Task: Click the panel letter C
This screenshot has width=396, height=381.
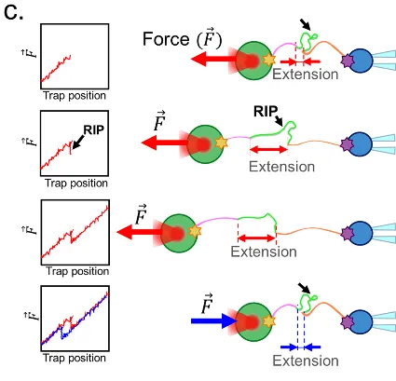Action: pyautogui.click(x=14, y=13)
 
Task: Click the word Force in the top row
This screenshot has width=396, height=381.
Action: pyautogui.click(x=166, y=39)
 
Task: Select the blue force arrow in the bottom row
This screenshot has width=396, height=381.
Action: pyautogui.click(x=213, y=320)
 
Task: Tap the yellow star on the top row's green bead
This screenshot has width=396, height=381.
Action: pyautogui.click(x=269, y=60)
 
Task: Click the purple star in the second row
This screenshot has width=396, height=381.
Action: pyautogui.click(x=347, y=144)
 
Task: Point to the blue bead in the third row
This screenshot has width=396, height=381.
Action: pyautogui.click(x=361, y=233)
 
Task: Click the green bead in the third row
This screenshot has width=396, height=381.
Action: pyautogui.click(x=179, y=233)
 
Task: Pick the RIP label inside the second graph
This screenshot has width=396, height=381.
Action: pyautogui.click(x=94, y=129)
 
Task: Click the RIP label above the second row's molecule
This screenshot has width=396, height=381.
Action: pyautogui.click(x=266, y=112)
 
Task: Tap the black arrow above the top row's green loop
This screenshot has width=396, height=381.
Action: pyautogui.click(x=306, y=24)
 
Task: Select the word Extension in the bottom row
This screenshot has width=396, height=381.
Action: pyautogui.click(x=306, y=361)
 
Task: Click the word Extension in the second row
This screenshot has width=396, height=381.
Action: pyautogui.click(x=282, y=167)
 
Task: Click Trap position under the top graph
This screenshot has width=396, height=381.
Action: pyautogui.click(x=75, y=95)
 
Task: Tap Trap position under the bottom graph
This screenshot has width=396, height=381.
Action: pyautogui.click(x=75, y=358)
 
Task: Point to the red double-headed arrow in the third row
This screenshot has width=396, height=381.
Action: pyautogui.click(x=257, y=238)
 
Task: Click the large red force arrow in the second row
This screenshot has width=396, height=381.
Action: pyautogui.click(x=165, y=143)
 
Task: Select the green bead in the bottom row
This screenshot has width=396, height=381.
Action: pyautogui.click(x=254, y=322)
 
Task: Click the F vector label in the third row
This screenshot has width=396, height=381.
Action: pyautogui.click(x=141, y=214)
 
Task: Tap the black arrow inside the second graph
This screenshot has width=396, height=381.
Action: pyautogui.click(x=77, y=142)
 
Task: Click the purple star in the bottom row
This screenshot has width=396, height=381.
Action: pyautogui.click(x=348, y=322)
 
